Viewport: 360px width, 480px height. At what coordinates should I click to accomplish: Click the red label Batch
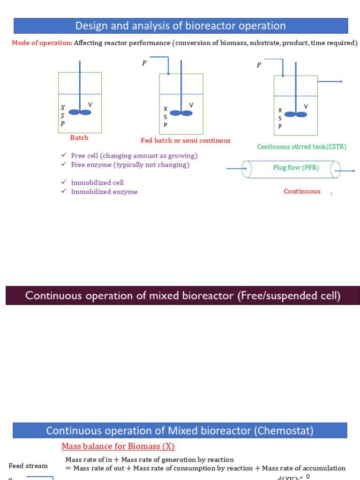click(x=79, y=138)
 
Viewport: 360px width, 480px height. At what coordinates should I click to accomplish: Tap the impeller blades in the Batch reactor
click(x=80, y=112)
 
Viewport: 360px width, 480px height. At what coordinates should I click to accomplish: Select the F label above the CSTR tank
click(x=259, y=65)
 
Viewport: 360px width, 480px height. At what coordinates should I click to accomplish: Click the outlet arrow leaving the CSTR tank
click(x=330, y=82)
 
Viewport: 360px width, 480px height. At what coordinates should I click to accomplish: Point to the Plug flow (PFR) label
click(x=296, y=167)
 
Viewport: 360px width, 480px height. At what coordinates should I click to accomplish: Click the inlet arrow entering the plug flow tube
click(x=236, y=168)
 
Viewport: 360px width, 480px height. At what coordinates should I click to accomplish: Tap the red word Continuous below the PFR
click(x=302, y=191)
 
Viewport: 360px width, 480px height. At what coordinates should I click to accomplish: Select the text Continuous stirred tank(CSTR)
click(x=302, y=147)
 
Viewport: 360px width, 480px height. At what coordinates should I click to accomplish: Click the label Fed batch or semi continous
click(x=186, y=141)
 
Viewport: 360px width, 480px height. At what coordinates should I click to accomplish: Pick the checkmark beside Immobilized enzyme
click(x=64, y=191)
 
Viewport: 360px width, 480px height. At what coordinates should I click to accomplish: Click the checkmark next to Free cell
click(x=64, y=155)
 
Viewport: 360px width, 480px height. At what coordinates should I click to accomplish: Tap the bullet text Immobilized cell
click(x=97, y=183)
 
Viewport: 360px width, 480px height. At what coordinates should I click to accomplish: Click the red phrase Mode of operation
click(x=41, y=43)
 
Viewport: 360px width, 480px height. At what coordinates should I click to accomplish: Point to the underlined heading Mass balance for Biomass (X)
click(x=118, y=446)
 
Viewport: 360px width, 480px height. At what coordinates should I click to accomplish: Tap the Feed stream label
click(x=28, y=466)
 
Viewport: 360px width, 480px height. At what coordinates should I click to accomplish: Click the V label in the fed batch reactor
click(x=191, y=105)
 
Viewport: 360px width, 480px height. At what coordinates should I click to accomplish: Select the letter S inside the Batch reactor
click(x=62, y=116)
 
